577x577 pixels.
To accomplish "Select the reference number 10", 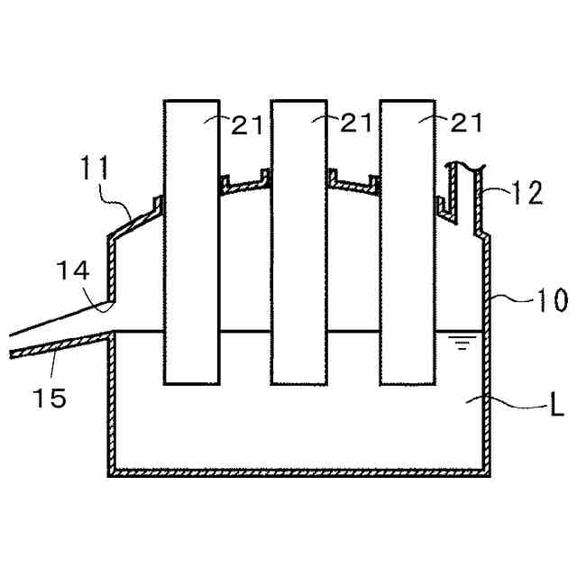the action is [546, 299].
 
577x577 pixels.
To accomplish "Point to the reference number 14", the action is [73, 268].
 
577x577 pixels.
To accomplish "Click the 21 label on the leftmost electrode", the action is [247, 124].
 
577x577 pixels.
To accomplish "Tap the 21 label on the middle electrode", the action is [356, 124].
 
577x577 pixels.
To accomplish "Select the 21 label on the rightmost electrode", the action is [465, 124].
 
